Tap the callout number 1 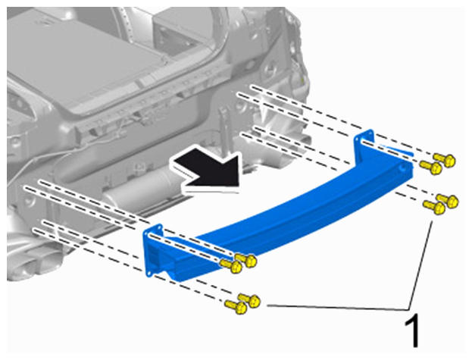[412, 330]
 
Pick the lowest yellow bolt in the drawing [236, 307]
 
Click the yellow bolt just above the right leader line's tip [434, 207]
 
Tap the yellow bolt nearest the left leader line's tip [250, 300]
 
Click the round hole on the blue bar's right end [402, 167]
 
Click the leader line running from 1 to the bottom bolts [337, 308]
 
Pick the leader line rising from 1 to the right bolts [420, 265]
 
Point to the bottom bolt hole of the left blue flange [149, 274]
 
